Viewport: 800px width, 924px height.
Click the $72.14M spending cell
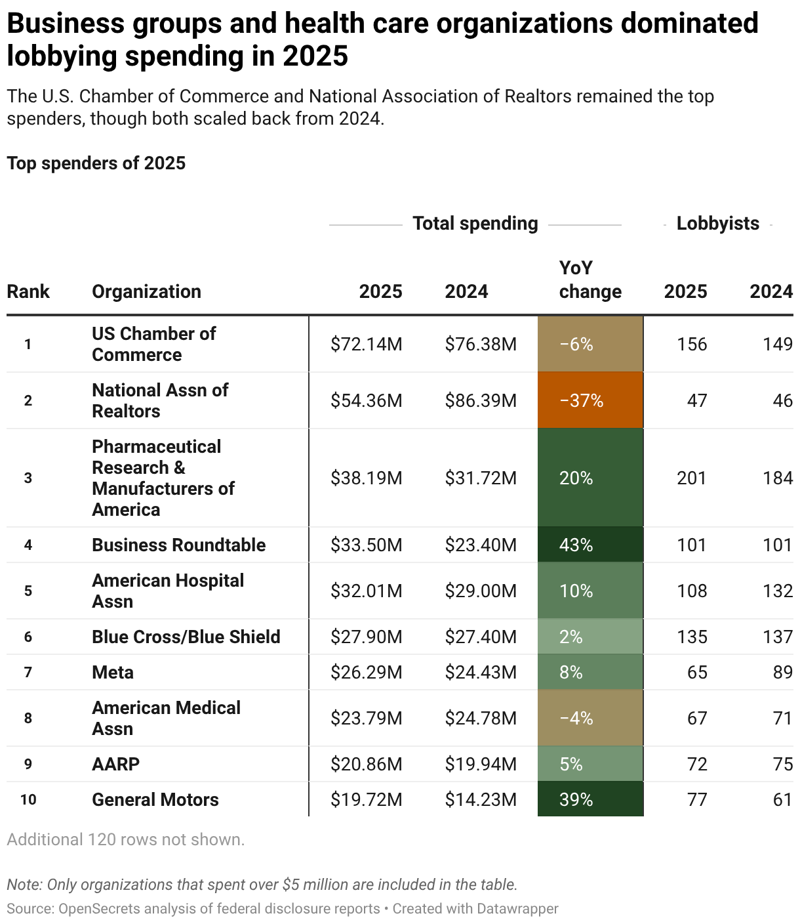(x=366, y=344)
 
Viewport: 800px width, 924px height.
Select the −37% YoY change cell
(x=581, y=400)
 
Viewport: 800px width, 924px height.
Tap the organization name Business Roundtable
(x=178, y=545)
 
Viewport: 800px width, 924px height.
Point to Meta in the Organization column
(x=113, y=672)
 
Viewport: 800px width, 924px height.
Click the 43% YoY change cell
(x=576, y=545)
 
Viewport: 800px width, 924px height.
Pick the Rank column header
(x=28, y=291)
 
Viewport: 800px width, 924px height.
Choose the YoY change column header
(x=590, y=280)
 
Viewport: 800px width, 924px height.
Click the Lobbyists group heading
(x=717, y=223)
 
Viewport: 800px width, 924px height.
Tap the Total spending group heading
(x=475, y=223)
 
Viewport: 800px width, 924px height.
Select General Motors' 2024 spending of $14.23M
(x=481, y=799)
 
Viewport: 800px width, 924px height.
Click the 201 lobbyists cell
(x=692, y=478)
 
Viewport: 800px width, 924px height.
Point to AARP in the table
(x=115, y=764)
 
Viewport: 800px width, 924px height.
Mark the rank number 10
(x=28, y=799)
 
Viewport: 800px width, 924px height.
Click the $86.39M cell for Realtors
(x=481, y=400)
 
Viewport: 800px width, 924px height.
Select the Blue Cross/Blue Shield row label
(x=186, y=637)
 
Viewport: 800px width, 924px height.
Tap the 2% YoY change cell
(x=571, y=637)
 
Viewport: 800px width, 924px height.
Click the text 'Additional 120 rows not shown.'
(x=126, y=839)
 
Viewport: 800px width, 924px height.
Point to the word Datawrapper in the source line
(x=517, y=909)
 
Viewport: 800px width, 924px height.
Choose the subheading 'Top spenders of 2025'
(x=96, y=163)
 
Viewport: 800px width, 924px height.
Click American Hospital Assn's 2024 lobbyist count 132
(x=778, y=591)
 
